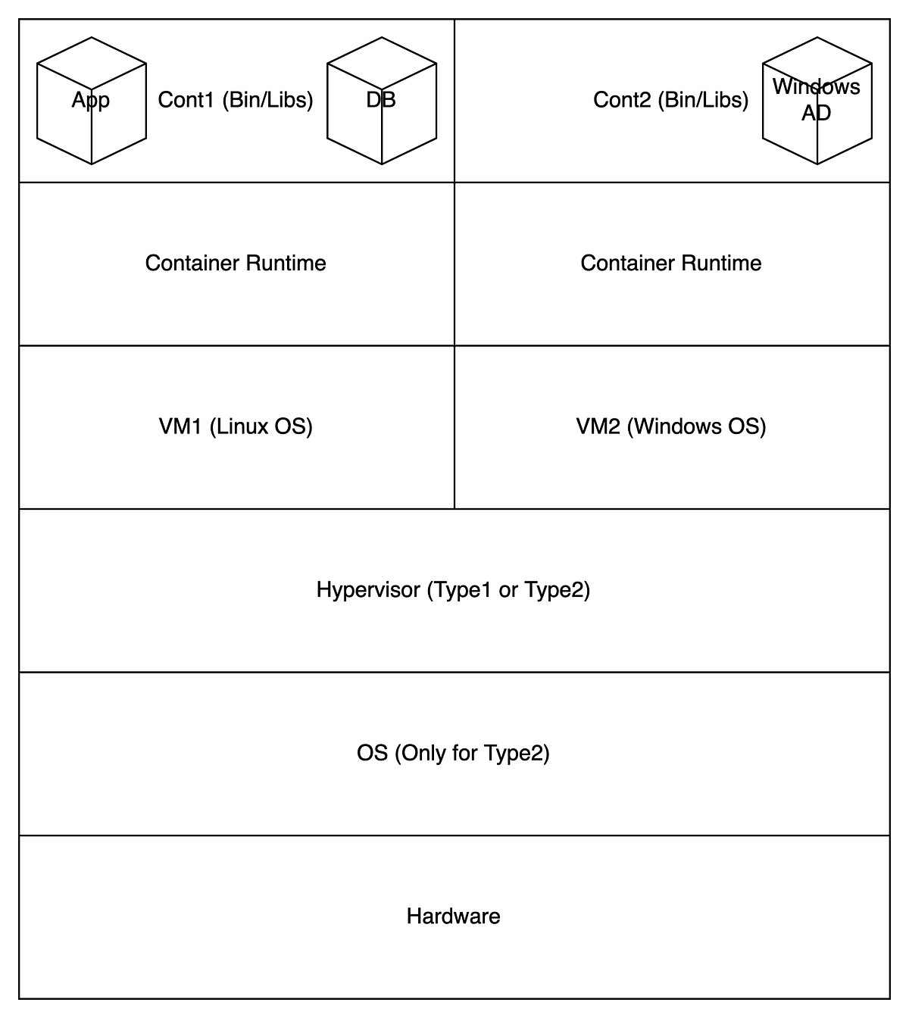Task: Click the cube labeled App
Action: coord(91,101)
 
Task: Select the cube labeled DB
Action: coord(381,101)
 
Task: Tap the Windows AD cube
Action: coord(817,101)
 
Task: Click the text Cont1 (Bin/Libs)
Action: coord(236,100)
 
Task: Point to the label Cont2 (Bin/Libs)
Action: coord(670,100)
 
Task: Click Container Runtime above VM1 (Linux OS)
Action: coord(236,263)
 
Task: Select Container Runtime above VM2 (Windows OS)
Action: coord(670,263)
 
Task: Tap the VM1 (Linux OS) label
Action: coord(236,426)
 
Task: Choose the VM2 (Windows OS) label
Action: coord(670,426)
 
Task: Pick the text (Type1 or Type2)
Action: coord(508,590)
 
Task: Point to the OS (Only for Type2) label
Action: coord(453,753)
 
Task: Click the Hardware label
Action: coord(453,917)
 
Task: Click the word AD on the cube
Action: coord(817,113)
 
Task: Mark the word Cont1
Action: coord(186,100)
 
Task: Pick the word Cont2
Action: coord(622,100)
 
